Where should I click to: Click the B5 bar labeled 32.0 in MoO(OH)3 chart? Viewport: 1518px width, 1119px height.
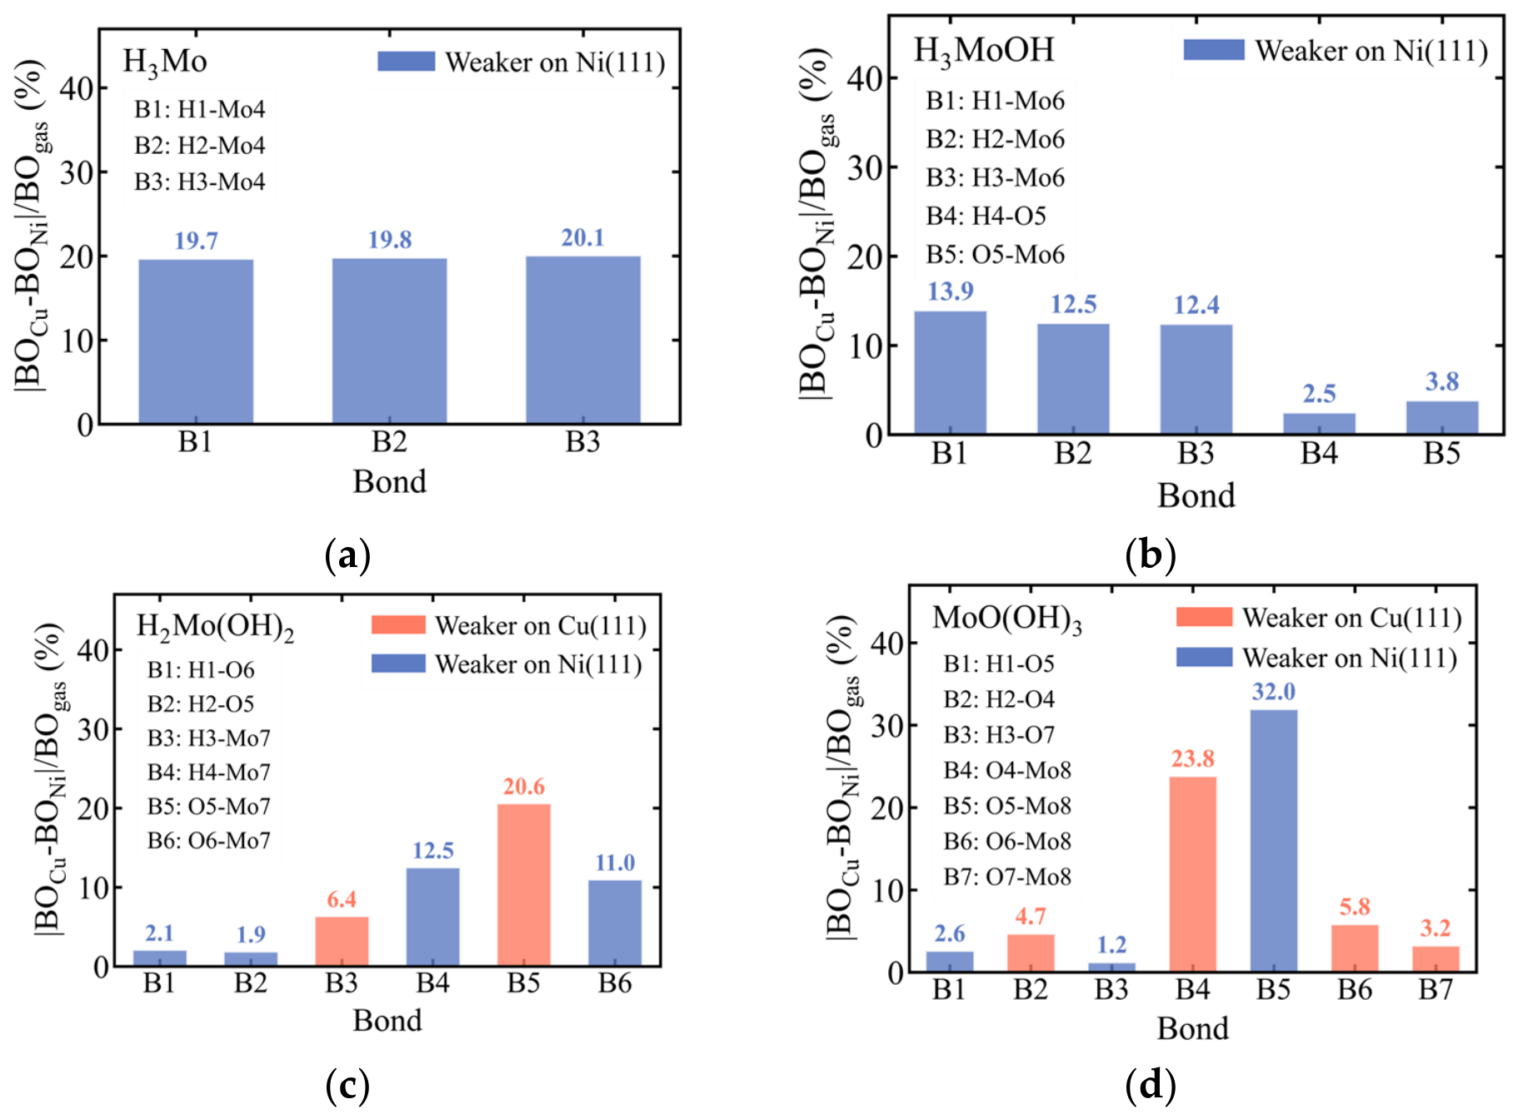coord(1274,840)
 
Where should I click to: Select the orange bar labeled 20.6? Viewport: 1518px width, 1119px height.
coord(524,884)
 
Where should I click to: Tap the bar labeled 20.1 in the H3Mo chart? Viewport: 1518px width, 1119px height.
coord(583,340)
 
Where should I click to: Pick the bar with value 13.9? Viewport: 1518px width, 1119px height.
coord(950,372)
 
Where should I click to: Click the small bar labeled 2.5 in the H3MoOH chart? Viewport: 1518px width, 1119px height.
coord(1319,423)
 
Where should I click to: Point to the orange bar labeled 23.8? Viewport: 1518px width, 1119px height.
coord(1192,874)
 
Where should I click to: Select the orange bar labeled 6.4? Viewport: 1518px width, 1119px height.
coord(342,941)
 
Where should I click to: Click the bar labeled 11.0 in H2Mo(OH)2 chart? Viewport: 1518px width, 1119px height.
coord(615,923)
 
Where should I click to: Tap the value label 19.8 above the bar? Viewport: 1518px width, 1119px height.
coord(390,240)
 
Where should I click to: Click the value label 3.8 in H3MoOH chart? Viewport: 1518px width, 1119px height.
coord(1442,381)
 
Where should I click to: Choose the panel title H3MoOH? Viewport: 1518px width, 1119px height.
coord(984,51)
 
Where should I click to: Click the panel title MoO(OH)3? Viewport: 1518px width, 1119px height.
coord(1007,619)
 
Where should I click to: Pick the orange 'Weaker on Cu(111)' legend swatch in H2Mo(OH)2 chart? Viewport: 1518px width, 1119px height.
coord(398,624)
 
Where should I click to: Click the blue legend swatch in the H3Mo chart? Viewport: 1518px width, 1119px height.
coord(406,62)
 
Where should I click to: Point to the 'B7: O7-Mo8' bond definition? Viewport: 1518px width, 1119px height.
coord(1007,877)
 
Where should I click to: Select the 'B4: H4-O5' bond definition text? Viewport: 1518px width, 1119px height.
coord(986,216)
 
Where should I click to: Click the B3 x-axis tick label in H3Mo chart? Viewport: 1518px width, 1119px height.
coord(583,442)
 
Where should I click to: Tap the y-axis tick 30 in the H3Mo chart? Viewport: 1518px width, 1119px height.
coord(77,172)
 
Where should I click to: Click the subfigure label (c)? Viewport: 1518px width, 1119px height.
coord(347,1086)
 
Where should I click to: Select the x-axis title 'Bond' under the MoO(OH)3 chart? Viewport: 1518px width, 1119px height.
coord(1192,1028)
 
